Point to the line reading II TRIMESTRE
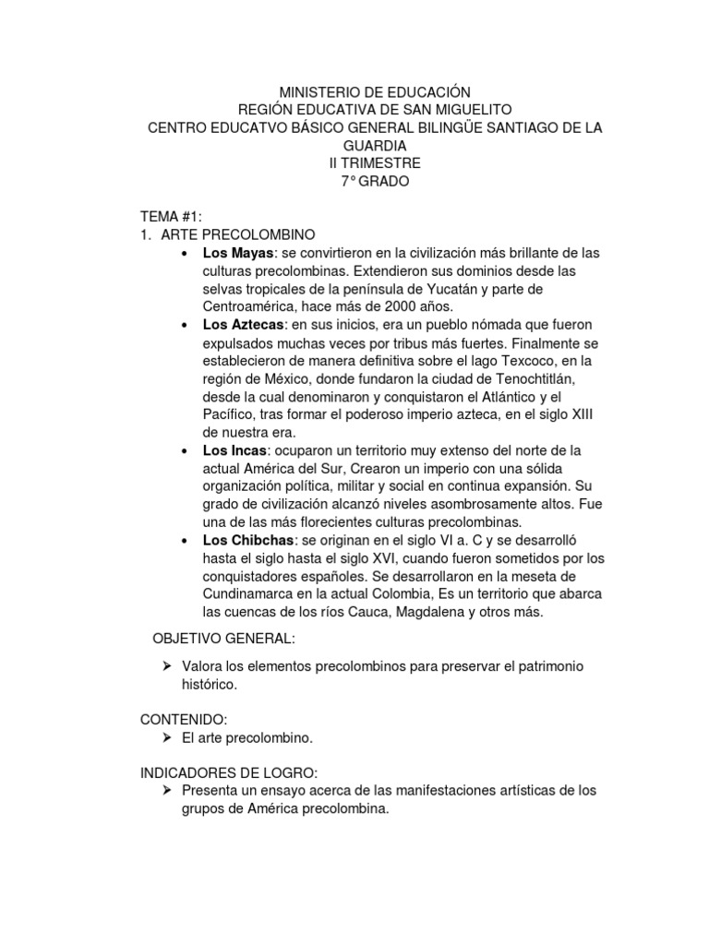coord(375,162)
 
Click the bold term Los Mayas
coord(238,252)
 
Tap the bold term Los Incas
coord(234,450)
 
